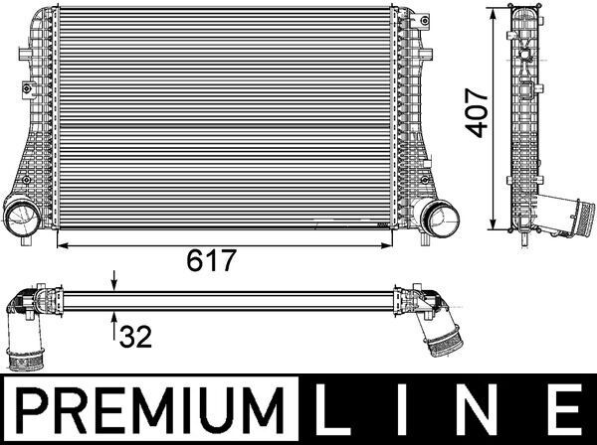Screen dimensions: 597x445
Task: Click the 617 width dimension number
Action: pyautogui.click(x=212, y=260)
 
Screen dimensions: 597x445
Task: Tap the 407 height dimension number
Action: pyautogui.click(x=477, y=113)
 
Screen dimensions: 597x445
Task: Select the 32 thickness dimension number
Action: pyautogui.click(x=135, y=337)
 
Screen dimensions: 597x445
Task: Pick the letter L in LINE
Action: pyautogui.click(x=332, y=409)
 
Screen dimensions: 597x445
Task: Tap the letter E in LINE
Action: pyautogui.click(x=566, y=409)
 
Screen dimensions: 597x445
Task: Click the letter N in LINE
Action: pyautogui.click(x=479, y=409)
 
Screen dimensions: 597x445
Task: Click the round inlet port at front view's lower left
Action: pyautogui.click(x=22, y=216)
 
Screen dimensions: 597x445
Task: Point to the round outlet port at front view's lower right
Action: pyautogui.click(x=439, y=219)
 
